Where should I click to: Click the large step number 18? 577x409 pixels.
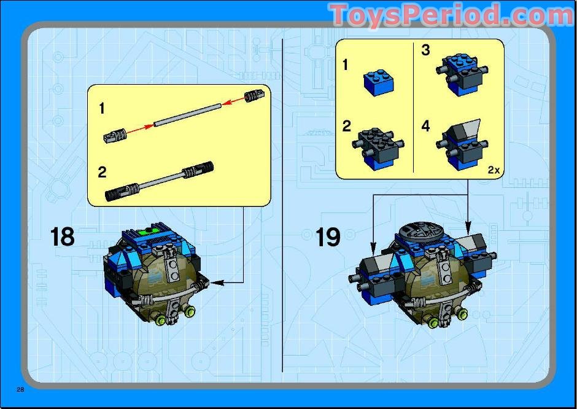[62, 236]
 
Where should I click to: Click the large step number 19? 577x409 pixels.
[328, 236]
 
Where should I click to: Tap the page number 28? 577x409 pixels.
[20, 390]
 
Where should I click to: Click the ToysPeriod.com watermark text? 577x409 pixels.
[451, 15]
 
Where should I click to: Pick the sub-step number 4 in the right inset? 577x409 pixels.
[425, 127]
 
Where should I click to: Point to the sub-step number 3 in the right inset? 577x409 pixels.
[425, 50]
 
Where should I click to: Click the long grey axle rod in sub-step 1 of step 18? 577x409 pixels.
[188, 115]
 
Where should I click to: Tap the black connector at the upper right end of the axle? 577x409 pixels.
[255, 95]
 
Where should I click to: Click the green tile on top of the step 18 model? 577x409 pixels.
[149, 232]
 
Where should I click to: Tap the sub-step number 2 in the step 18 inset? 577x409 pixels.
[102, 171]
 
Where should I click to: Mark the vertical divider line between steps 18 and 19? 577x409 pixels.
[282, 203]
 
